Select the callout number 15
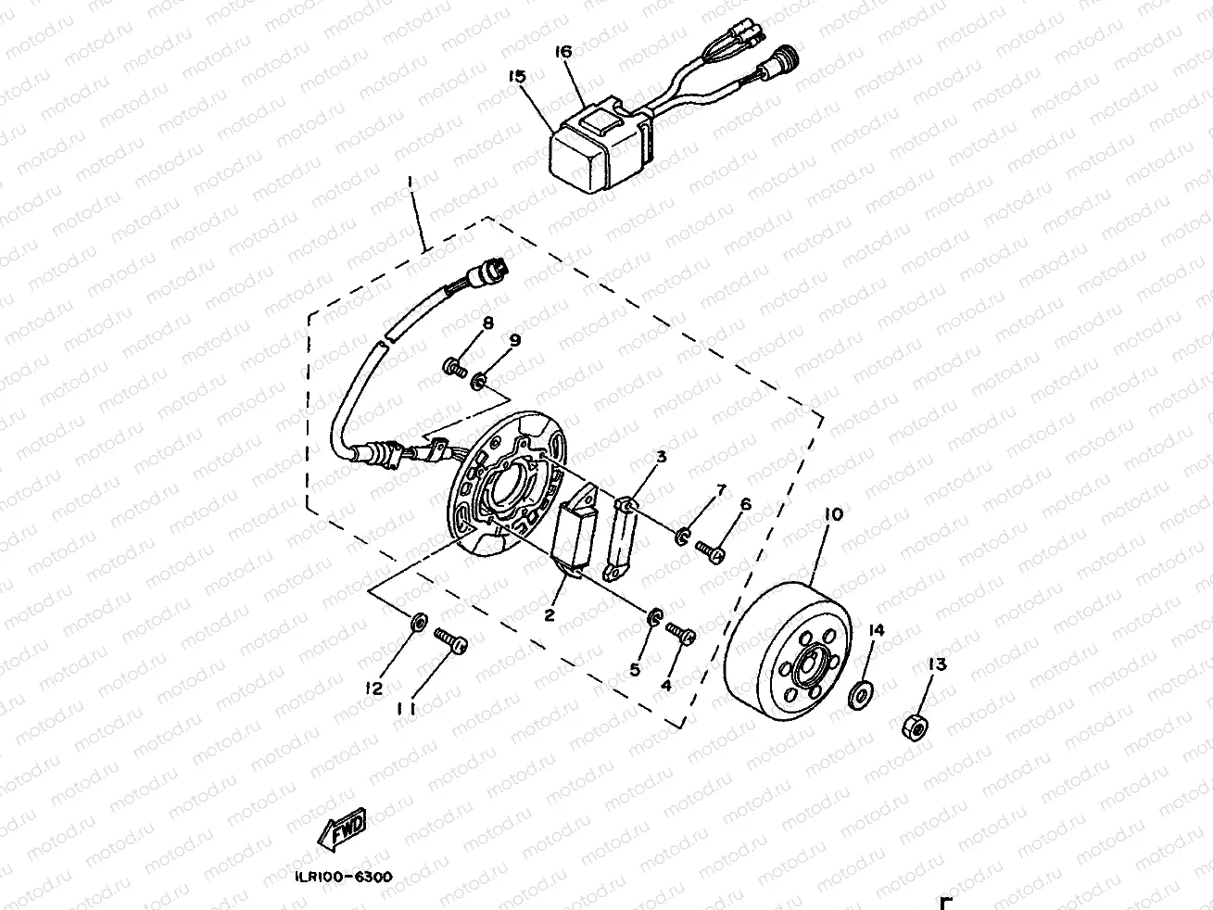(x=516, y=77)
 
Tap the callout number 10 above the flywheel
(x=833, y=513)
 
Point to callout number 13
(x=938, y=664)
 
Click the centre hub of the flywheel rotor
(x=807, y=667)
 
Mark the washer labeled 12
(x=417, y=620)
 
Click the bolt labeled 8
(x=454, y=369)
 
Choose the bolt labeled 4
(x=681, y=635)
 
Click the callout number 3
(x=661, y=457)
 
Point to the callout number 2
(x=549, y=613)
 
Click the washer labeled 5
(x=653, y=615)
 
